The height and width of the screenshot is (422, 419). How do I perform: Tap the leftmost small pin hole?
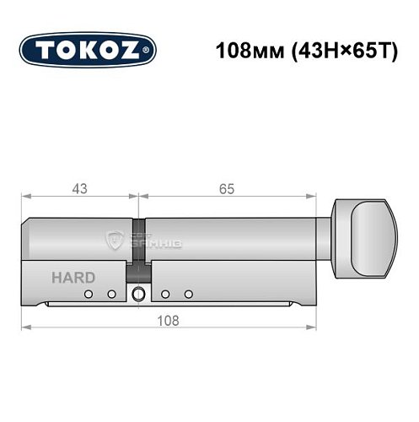point(89,294)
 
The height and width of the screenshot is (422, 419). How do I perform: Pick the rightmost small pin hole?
point(188,294)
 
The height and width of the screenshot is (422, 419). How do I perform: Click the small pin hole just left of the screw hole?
point(110,294)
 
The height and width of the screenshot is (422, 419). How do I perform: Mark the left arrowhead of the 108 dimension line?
point(26,327)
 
